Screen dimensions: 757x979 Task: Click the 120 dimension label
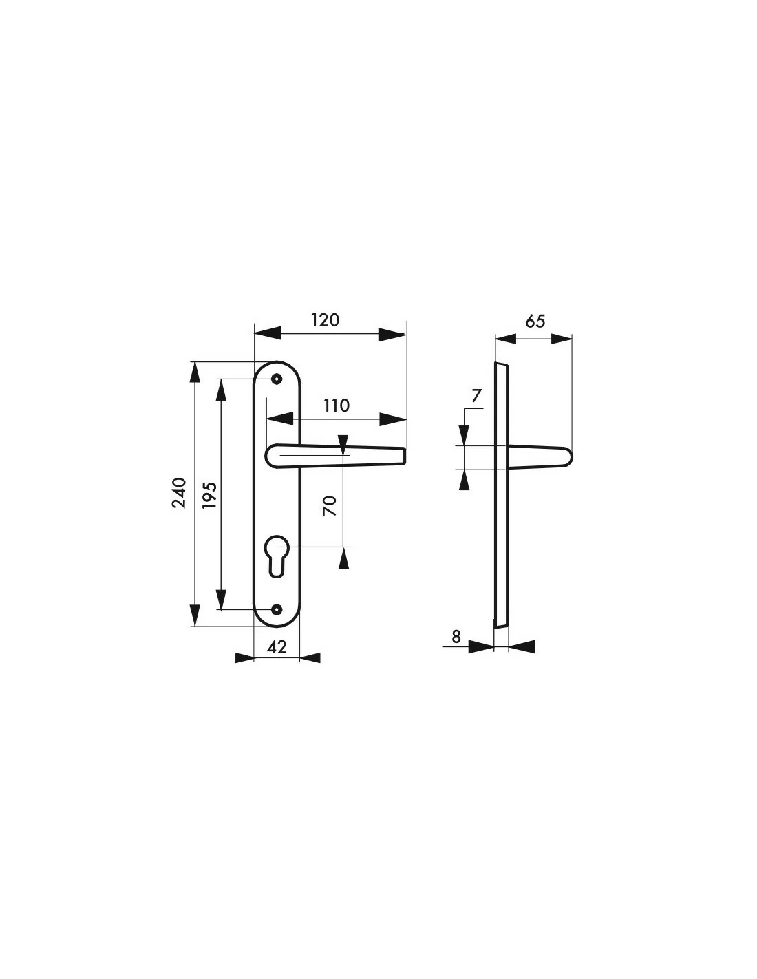(325, 320)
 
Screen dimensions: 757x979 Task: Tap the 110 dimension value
(337, 406)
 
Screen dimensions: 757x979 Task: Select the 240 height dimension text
(179, 493)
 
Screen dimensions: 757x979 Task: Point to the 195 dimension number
(209, 496)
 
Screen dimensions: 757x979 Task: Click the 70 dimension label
(330, 505)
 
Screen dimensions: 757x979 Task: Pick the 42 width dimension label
(277, 647)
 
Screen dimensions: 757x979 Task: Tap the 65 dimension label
(535, 322)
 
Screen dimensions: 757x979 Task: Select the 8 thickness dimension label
(456, 637)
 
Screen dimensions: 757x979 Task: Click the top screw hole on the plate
(277, 379)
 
